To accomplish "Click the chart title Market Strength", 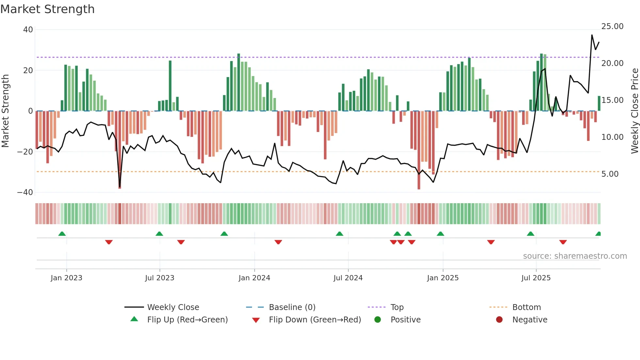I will (x=47, y=9).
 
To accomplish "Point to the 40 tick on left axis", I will (x=28, y=30).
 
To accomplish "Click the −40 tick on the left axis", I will (x=25, y=192).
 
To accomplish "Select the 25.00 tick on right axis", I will (x=612, y=26).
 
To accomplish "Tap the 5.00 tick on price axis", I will (x=610, y=174).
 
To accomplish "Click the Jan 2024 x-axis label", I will (x=254, y=278).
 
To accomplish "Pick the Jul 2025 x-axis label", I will (x=536, y=278).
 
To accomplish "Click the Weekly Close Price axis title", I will (x=634, y=111).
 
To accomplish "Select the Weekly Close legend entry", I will (x=173, y=307).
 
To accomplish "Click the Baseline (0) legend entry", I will (x=292, y=307).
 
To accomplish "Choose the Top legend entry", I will (x=397, y=307).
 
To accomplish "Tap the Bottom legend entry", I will (x=526, y=307).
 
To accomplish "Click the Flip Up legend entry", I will (x=187, y=320).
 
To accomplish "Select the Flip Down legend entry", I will (x=314, y=320).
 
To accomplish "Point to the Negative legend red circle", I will (x=499, y=320).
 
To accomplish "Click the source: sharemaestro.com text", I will (x=575, y=256).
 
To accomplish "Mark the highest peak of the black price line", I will (x=592, y=35).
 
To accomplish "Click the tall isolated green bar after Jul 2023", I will (x=170, y=86).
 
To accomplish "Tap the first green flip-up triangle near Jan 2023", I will (x=62, y=234).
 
